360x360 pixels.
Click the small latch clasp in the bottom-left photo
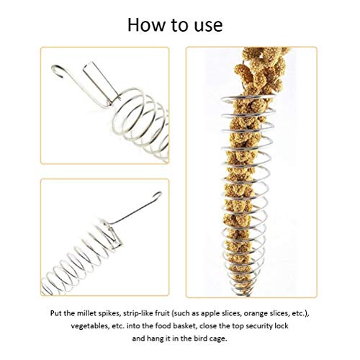click(113, 235)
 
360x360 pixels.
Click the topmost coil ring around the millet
click(247, 98)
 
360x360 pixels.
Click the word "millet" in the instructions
click(85, 313)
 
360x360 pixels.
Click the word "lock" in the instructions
click(282, 326)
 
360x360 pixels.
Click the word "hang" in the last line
click(156, 339)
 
